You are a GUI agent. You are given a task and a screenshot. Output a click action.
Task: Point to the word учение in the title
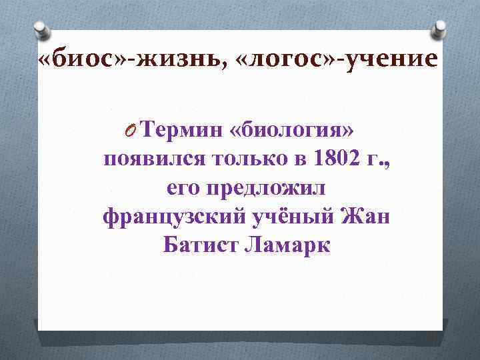[393, 61]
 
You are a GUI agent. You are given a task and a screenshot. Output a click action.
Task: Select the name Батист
[200, 246]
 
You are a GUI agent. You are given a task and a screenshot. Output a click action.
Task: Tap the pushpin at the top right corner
[441, 27]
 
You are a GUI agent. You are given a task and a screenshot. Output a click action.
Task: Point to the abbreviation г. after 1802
[380, 160]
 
